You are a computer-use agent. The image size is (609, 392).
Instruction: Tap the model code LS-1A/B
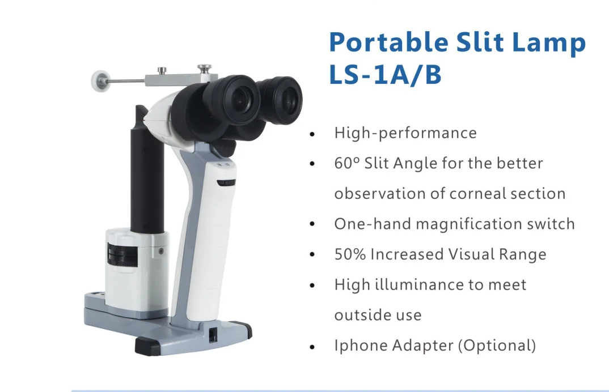coord(385,75)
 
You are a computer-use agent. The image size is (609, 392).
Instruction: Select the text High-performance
coord(405,133)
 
